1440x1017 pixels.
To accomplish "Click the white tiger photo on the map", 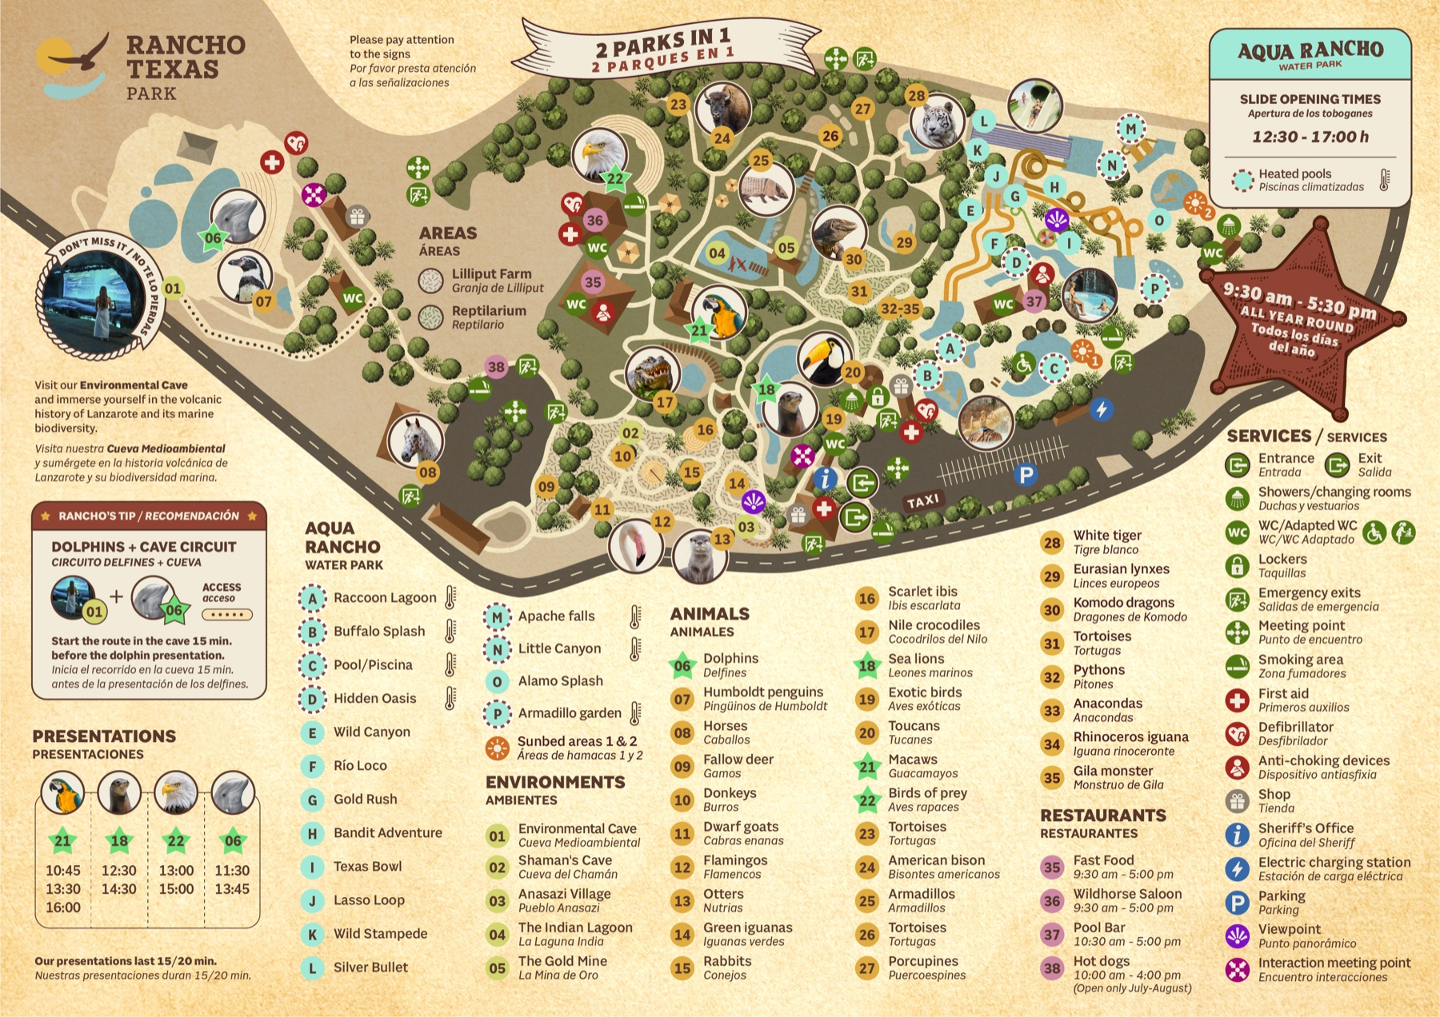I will [x=936, y=122].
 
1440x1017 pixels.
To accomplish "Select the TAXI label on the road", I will [x=922, y=501].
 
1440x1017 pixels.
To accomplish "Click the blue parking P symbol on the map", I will [x=1025, y=475].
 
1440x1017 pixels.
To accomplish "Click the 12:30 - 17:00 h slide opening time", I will [x=1310, y=137].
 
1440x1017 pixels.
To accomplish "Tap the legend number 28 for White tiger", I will [x=1052, y=542].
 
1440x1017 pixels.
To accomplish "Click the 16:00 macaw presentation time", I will [x=62, y=907].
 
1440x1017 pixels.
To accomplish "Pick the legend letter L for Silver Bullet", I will [x=313, y=967].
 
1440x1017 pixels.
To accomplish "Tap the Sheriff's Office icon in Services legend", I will [x=1237, y=835].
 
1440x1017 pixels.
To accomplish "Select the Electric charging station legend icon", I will [x=1237, y=868].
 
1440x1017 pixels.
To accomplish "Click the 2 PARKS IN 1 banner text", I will [x=662, y=40].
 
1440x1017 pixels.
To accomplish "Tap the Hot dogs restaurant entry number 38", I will [x=1052, y=967].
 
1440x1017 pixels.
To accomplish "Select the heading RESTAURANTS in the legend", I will [x=1102, y=816].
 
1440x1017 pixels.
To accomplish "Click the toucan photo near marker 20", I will [x=824, y=357].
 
